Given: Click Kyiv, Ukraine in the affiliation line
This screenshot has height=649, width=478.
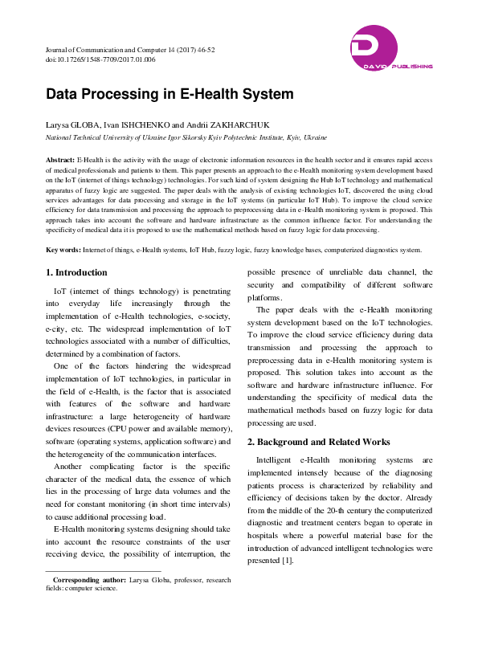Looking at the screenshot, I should coord(306,137).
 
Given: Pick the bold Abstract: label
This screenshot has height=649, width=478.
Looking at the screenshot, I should coord(60,161).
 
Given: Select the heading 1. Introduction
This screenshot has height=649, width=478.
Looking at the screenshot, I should coord(76,273).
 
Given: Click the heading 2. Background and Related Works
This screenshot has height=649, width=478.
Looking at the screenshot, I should coord(319,442).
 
